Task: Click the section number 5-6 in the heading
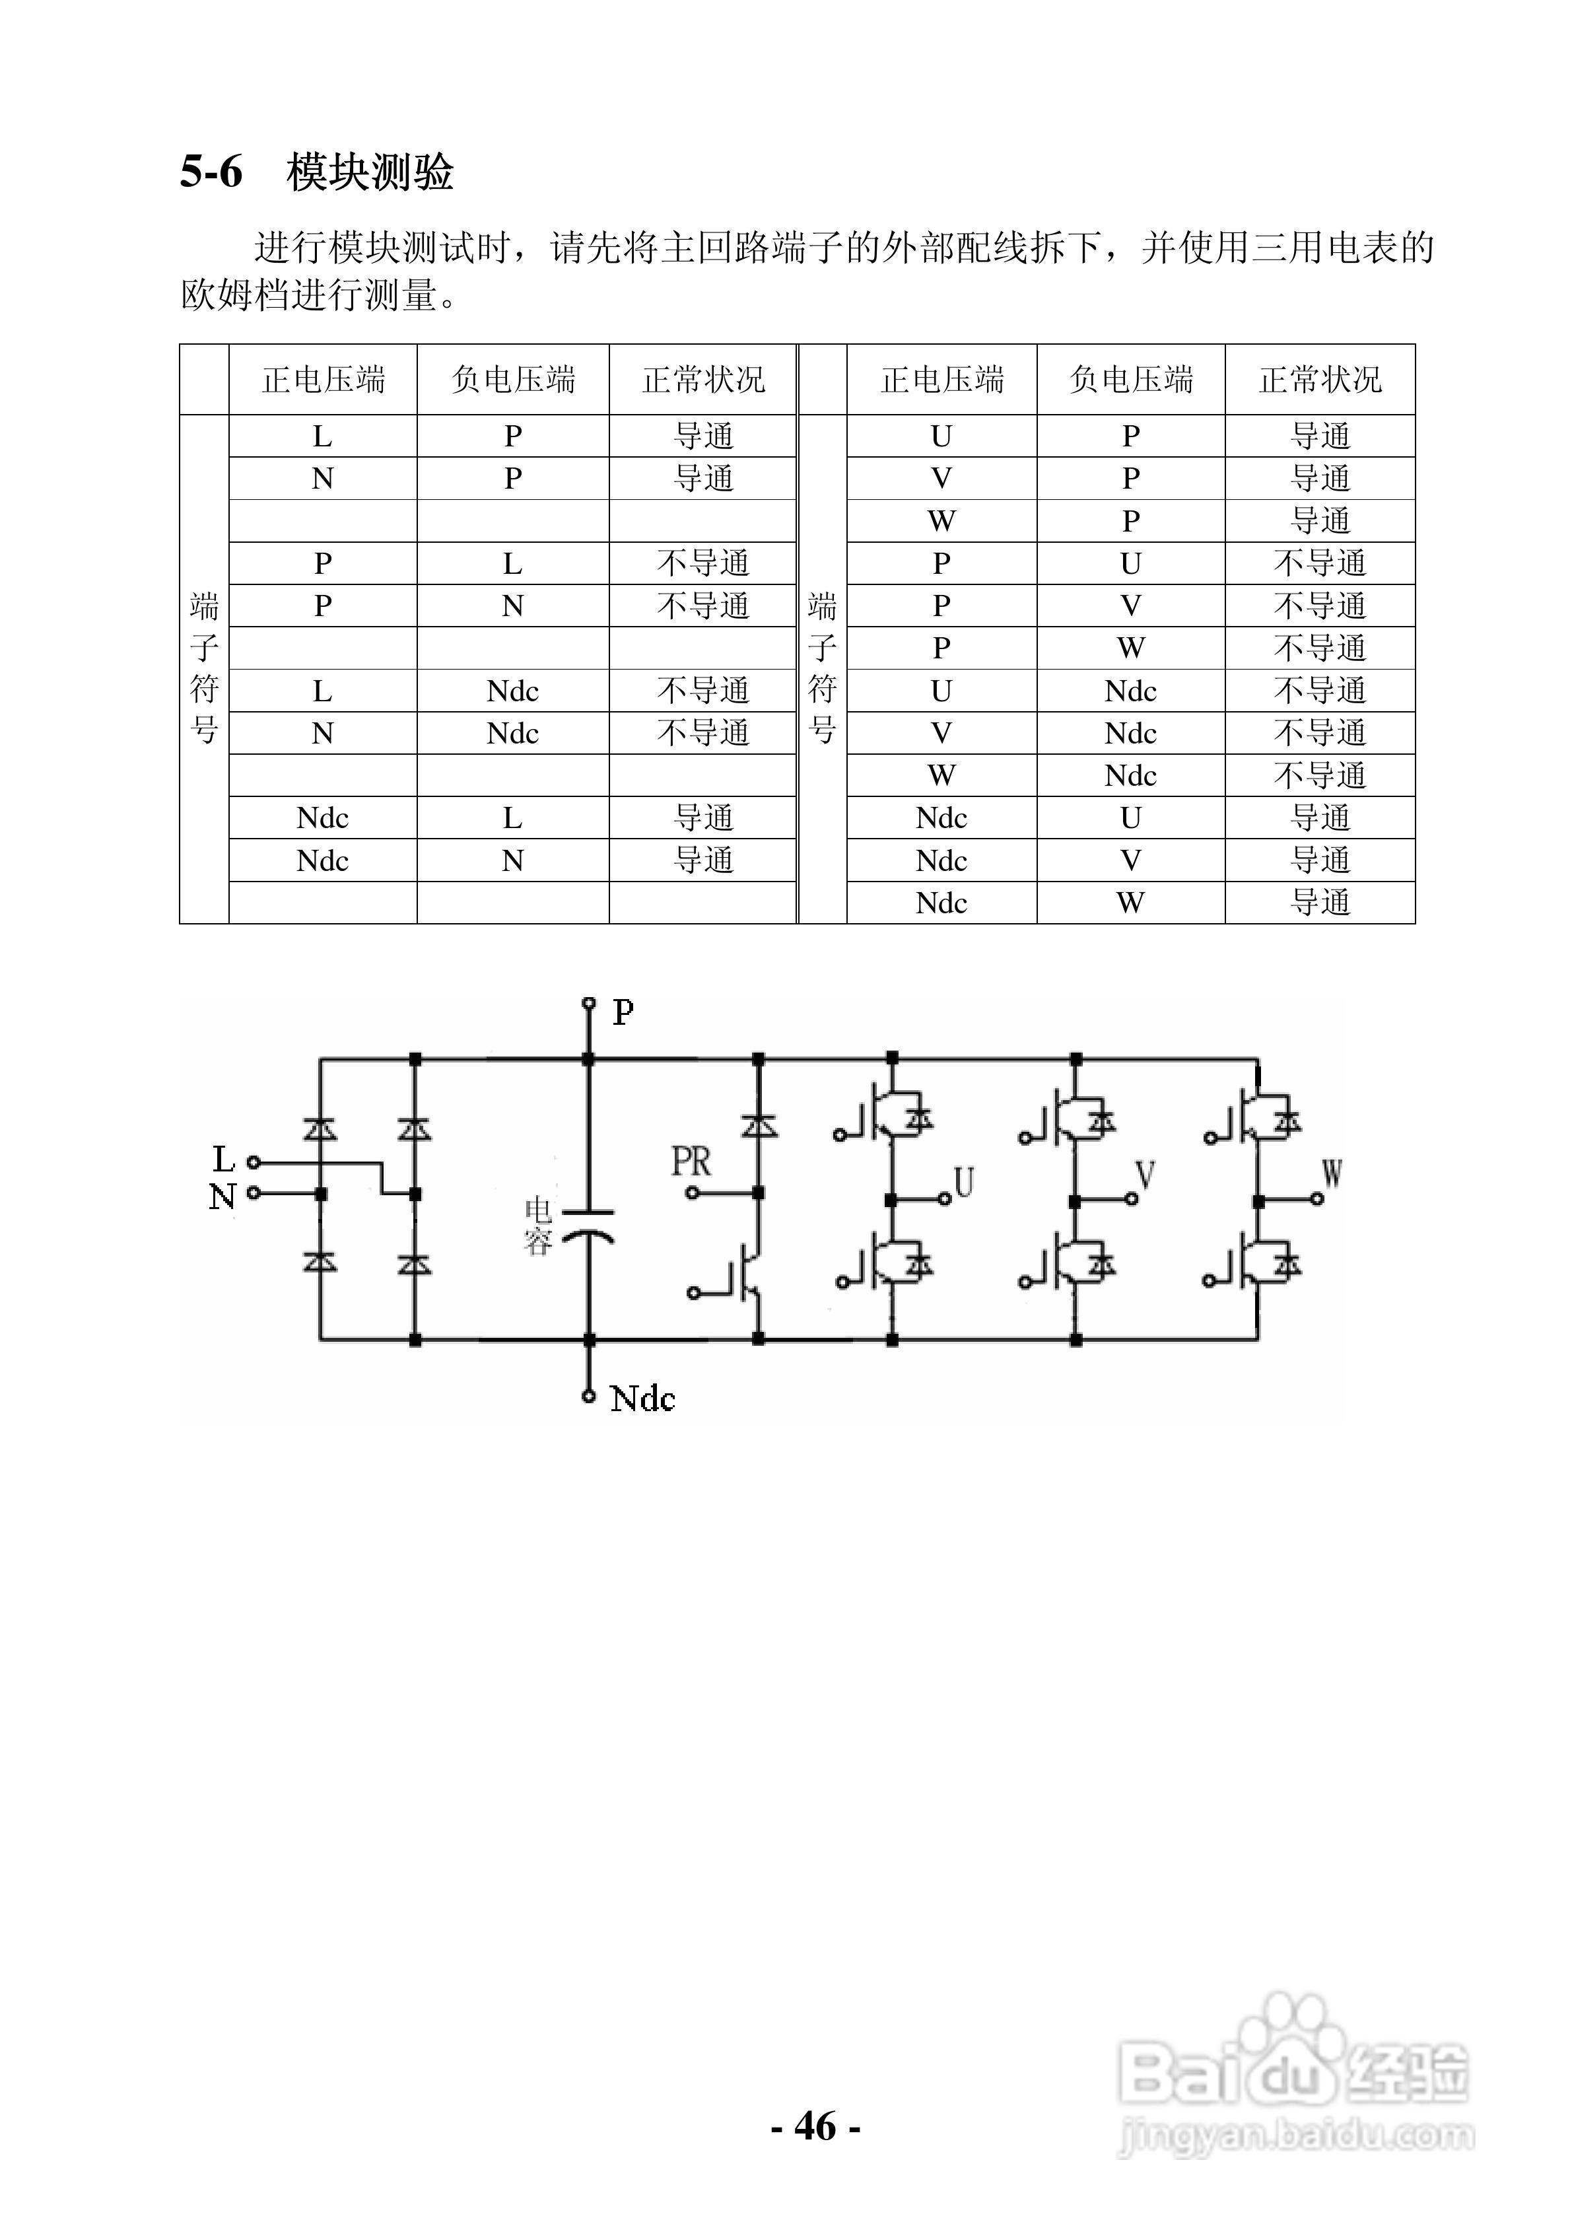[211, 172]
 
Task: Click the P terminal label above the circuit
[623, 1012]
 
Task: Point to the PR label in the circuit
[691, 1162]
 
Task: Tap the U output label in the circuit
[964, 1182]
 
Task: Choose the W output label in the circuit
[1332, 1174]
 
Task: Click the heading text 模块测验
[370, 172]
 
